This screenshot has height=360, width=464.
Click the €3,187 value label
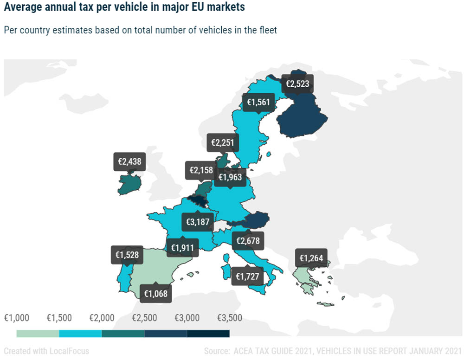tap(198, 222)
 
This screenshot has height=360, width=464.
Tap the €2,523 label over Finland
tap(297, 84)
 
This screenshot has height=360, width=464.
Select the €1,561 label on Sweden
tap(258, 102)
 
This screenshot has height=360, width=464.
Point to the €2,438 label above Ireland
tap(129, 161)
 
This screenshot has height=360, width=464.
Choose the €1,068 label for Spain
tap(155, 293)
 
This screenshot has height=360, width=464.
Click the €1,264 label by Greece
tap(311, 258)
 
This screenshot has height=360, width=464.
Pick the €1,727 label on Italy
tap(247, 276)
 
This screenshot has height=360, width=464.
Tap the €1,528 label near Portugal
tap(127, 255)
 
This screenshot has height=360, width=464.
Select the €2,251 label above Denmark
tap(223, 142)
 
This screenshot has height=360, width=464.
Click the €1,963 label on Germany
tap(230, 177)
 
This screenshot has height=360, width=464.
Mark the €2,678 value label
tap(248, 241)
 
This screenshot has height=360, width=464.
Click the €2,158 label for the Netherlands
tap(201, 170)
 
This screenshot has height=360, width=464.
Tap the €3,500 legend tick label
tap(230, 318)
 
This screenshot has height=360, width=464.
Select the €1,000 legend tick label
tap(17, 318)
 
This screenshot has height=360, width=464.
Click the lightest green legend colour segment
tap(38, 334)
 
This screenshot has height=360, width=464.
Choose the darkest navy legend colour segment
tap(208, 334)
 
